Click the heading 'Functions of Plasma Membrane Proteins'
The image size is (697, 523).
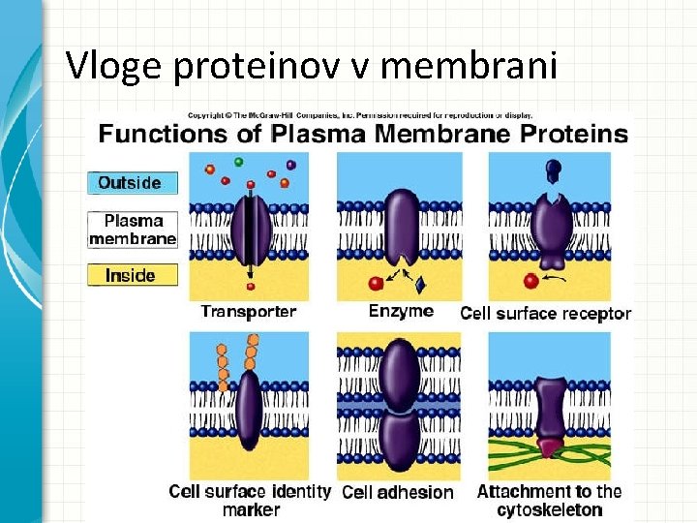point(364,134)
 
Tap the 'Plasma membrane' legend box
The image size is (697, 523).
point(133,229)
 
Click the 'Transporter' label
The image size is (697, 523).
point(249,312)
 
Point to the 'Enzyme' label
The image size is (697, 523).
point(401,311)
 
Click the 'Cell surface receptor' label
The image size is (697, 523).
point(545,313)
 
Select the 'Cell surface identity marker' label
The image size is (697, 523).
point(250,500)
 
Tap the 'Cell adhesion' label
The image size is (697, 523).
point(398,492)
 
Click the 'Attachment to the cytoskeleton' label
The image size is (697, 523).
point(549,500)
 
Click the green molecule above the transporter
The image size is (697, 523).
point(239,161)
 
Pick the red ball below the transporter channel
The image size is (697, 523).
point(250,287)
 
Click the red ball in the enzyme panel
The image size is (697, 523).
point(376,283)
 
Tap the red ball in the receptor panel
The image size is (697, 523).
point(530,282)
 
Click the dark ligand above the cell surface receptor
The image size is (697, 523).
point(553,171)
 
